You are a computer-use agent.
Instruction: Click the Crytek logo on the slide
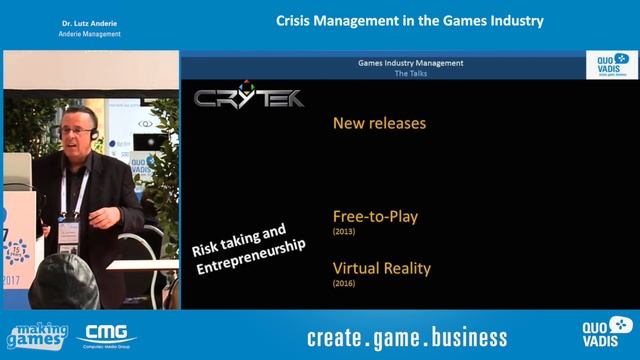[249, 98]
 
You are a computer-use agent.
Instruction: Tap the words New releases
[379, 123]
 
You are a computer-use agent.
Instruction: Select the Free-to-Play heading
[374, 215]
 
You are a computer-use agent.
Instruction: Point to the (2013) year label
[344, 232]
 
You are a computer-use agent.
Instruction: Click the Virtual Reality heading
[382, 268]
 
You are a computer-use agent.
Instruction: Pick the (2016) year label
[344, 284]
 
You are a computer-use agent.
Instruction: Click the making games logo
[37, 337]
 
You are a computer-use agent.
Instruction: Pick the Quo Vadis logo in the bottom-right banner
[606, 335]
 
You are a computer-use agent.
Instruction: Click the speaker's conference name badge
[68, 233]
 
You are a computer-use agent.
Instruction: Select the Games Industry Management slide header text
[410, 63]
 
